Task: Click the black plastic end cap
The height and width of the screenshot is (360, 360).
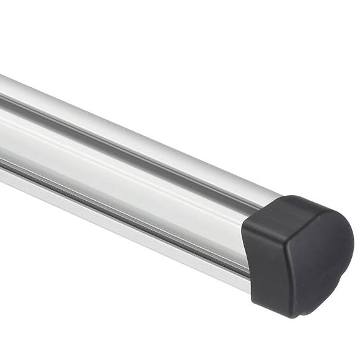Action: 297,254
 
